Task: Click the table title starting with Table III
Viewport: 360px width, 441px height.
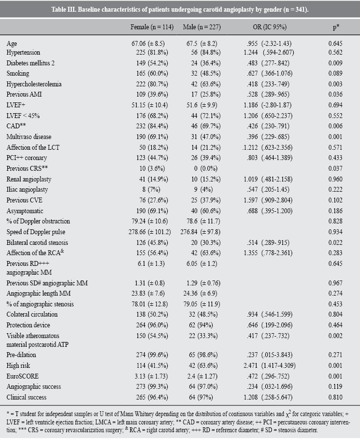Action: tap(180, 8)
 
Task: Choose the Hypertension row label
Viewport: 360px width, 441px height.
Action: tap(23, 52)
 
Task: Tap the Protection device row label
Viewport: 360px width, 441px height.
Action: tap(28, 325)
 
